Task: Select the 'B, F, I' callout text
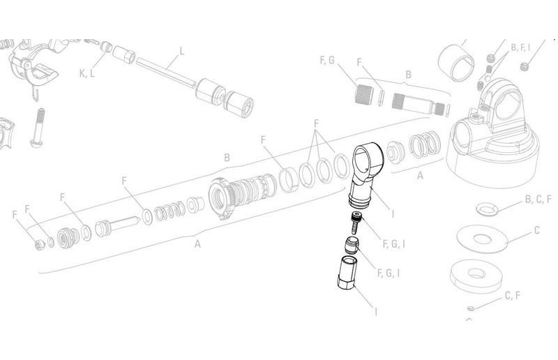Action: coord(521,47)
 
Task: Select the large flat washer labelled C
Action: coord(481,238)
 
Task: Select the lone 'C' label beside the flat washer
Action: coord(537,230)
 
